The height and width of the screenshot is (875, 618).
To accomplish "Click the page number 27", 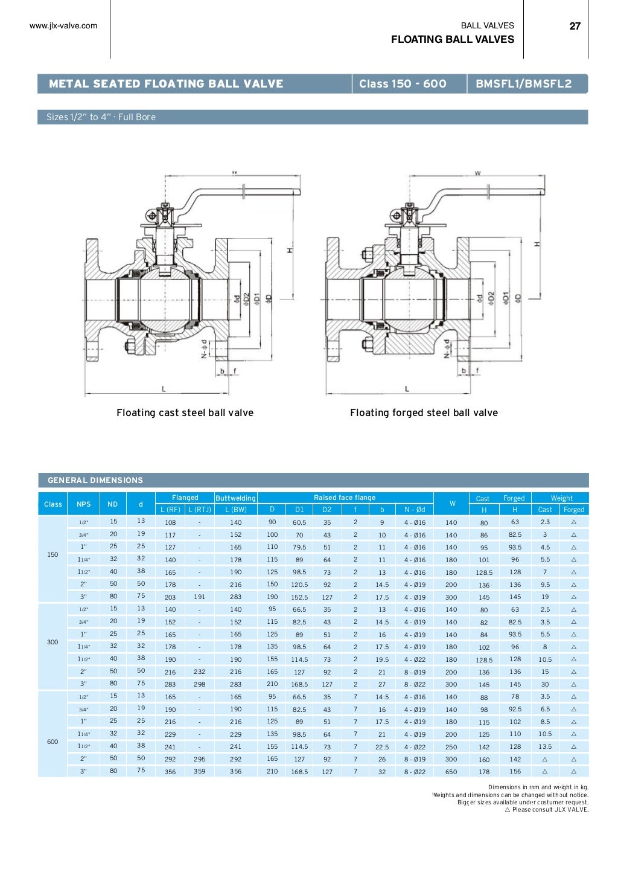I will pos(575,26).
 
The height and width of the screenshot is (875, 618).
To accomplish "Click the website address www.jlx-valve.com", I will pos(63,26).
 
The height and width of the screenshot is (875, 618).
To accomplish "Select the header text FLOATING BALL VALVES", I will pos(452,40).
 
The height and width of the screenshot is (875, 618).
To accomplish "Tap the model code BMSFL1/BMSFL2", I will pos(523,84).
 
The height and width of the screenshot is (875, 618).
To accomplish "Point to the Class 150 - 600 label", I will pos(403,84).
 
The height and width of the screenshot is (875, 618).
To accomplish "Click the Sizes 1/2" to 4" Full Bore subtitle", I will pos(101,117).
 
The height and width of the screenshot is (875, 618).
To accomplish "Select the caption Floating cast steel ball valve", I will pos(185,413).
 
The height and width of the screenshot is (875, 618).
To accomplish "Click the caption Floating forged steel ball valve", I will pos(424,413).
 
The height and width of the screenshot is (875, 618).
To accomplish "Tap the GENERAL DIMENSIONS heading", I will pos(95,481).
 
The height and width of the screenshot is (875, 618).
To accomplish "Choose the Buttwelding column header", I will pos(235,498).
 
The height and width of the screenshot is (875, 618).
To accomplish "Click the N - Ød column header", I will pos(415,510).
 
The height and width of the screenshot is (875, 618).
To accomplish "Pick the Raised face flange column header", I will pos(345,498).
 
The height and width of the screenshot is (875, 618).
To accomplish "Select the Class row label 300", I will pos(53,643).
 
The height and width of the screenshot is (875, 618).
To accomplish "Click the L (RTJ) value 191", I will pos(199,597).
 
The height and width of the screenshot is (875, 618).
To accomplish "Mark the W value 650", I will pos(451,772).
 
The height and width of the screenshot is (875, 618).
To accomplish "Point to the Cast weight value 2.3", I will pos(545,522).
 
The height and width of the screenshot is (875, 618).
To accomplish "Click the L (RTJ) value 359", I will pos(199,772).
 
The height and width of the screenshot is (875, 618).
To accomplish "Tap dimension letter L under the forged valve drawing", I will pos(407,389).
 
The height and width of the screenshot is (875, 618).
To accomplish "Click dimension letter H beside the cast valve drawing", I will pos(290,249).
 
